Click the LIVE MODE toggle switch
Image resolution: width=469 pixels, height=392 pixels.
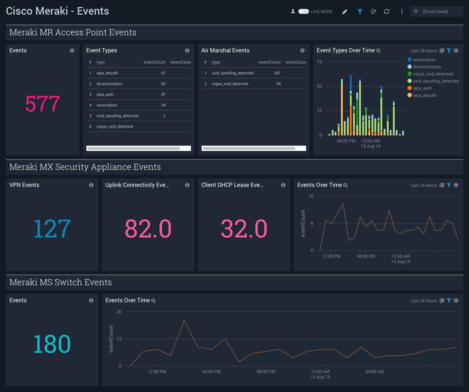click(303, 11)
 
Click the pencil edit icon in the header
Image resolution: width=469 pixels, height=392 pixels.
click(345, 12)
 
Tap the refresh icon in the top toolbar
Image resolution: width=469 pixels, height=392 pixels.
click(387, 11)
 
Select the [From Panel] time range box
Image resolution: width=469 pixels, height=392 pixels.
click(436, 11)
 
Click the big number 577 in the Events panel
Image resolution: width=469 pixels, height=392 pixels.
click(43, 104)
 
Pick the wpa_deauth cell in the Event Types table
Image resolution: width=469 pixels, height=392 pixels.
click(107, 73)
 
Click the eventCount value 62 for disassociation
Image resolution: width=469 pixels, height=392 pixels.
click(163, 84)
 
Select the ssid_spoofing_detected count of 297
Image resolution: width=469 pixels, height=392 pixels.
click(277, 73)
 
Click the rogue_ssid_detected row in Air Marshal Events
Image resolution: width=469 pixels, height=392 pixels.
click(230, 84)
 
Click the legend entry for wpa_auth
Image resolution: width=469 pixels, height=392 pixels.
click(422, 88)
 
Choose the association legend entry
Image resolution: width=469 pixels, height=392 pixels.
click(424, 60)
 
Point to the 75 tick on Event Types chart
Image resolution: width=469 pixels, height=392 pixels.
click(319, 62)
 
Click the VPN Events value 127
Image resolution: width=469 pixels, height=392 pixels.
click(52, 229)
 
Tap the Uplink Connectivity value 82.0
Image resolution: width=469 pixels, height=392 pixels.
click(148, 229)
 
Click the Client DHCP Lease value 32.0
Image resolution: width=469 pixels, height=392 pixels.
click(244, 229)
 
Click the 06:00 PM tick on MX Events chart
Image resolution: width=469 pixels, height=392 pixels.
click(366, 256)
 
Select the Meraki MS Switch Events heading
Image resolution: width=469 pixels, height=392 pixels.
click(60, 282)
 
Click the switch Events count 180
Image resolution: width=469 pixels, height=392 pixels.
click(52, 344)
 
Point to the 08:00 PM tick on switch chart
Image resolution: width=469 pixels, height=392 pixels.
click(266, 372)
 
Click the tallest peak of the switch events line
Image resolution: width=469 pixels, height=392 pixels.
click(184, 320)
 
